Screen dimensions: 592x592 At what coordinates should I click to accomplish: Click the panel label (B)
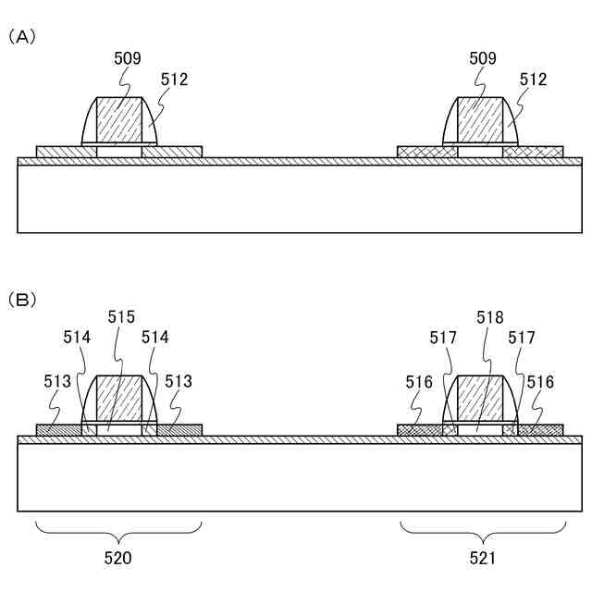click(x=22, y=300)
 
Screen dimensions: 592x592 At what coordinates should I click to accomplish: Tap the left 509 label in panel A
click(x=128, y=58)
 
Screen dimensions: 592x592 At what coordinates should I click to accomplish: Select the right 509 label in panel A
click(x=482, y=58)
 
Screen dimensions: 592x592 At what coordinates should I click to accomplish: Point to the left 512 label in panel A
click(x=174, y=80)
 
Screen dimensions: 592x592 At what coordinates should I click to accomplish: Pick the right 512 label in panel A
click(x=534, y=80)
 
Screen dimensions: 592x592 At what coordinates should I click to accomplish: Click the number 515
click(x=121, y=317)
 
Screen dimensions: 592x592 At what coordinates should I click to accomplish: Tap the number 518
click(x=490, y=317)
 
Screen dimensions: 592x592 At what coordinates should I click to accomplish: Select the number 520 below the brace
click(x=117, y=558)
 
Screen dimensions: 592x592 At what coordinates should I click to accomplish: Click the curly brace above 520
click(x=118, y=533)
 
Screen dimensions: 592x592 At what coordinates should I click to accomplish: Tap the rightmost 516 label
click(x=540, y=380)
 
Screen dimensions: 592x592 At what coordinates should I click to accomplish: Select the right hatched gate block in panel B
click(x=480, y=398)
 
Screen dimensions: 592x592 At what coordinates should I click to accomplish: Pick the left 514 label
click(x=78, y=339)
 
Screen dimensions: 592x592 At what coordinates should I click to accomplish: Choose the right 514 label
click(x=154, y=339)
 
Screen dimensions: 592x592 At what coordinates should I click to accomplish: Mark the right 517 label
click(x=521, y=339)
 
